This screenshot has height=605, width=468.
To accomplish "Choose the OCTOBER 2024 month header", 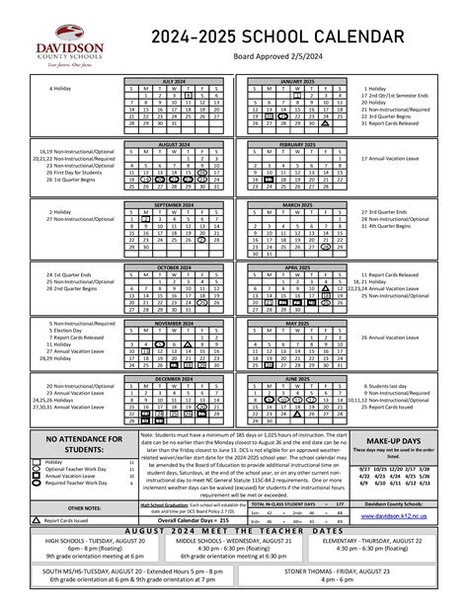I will pyautogui.click(x=174, y=265).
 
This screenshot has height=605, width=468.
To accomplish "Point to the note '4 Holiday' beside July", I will pyautogui.click(x=60, y=88).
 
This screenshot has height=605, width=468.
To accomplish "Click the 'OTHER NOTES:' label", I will pyautogui.click(x=83, y=506).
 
